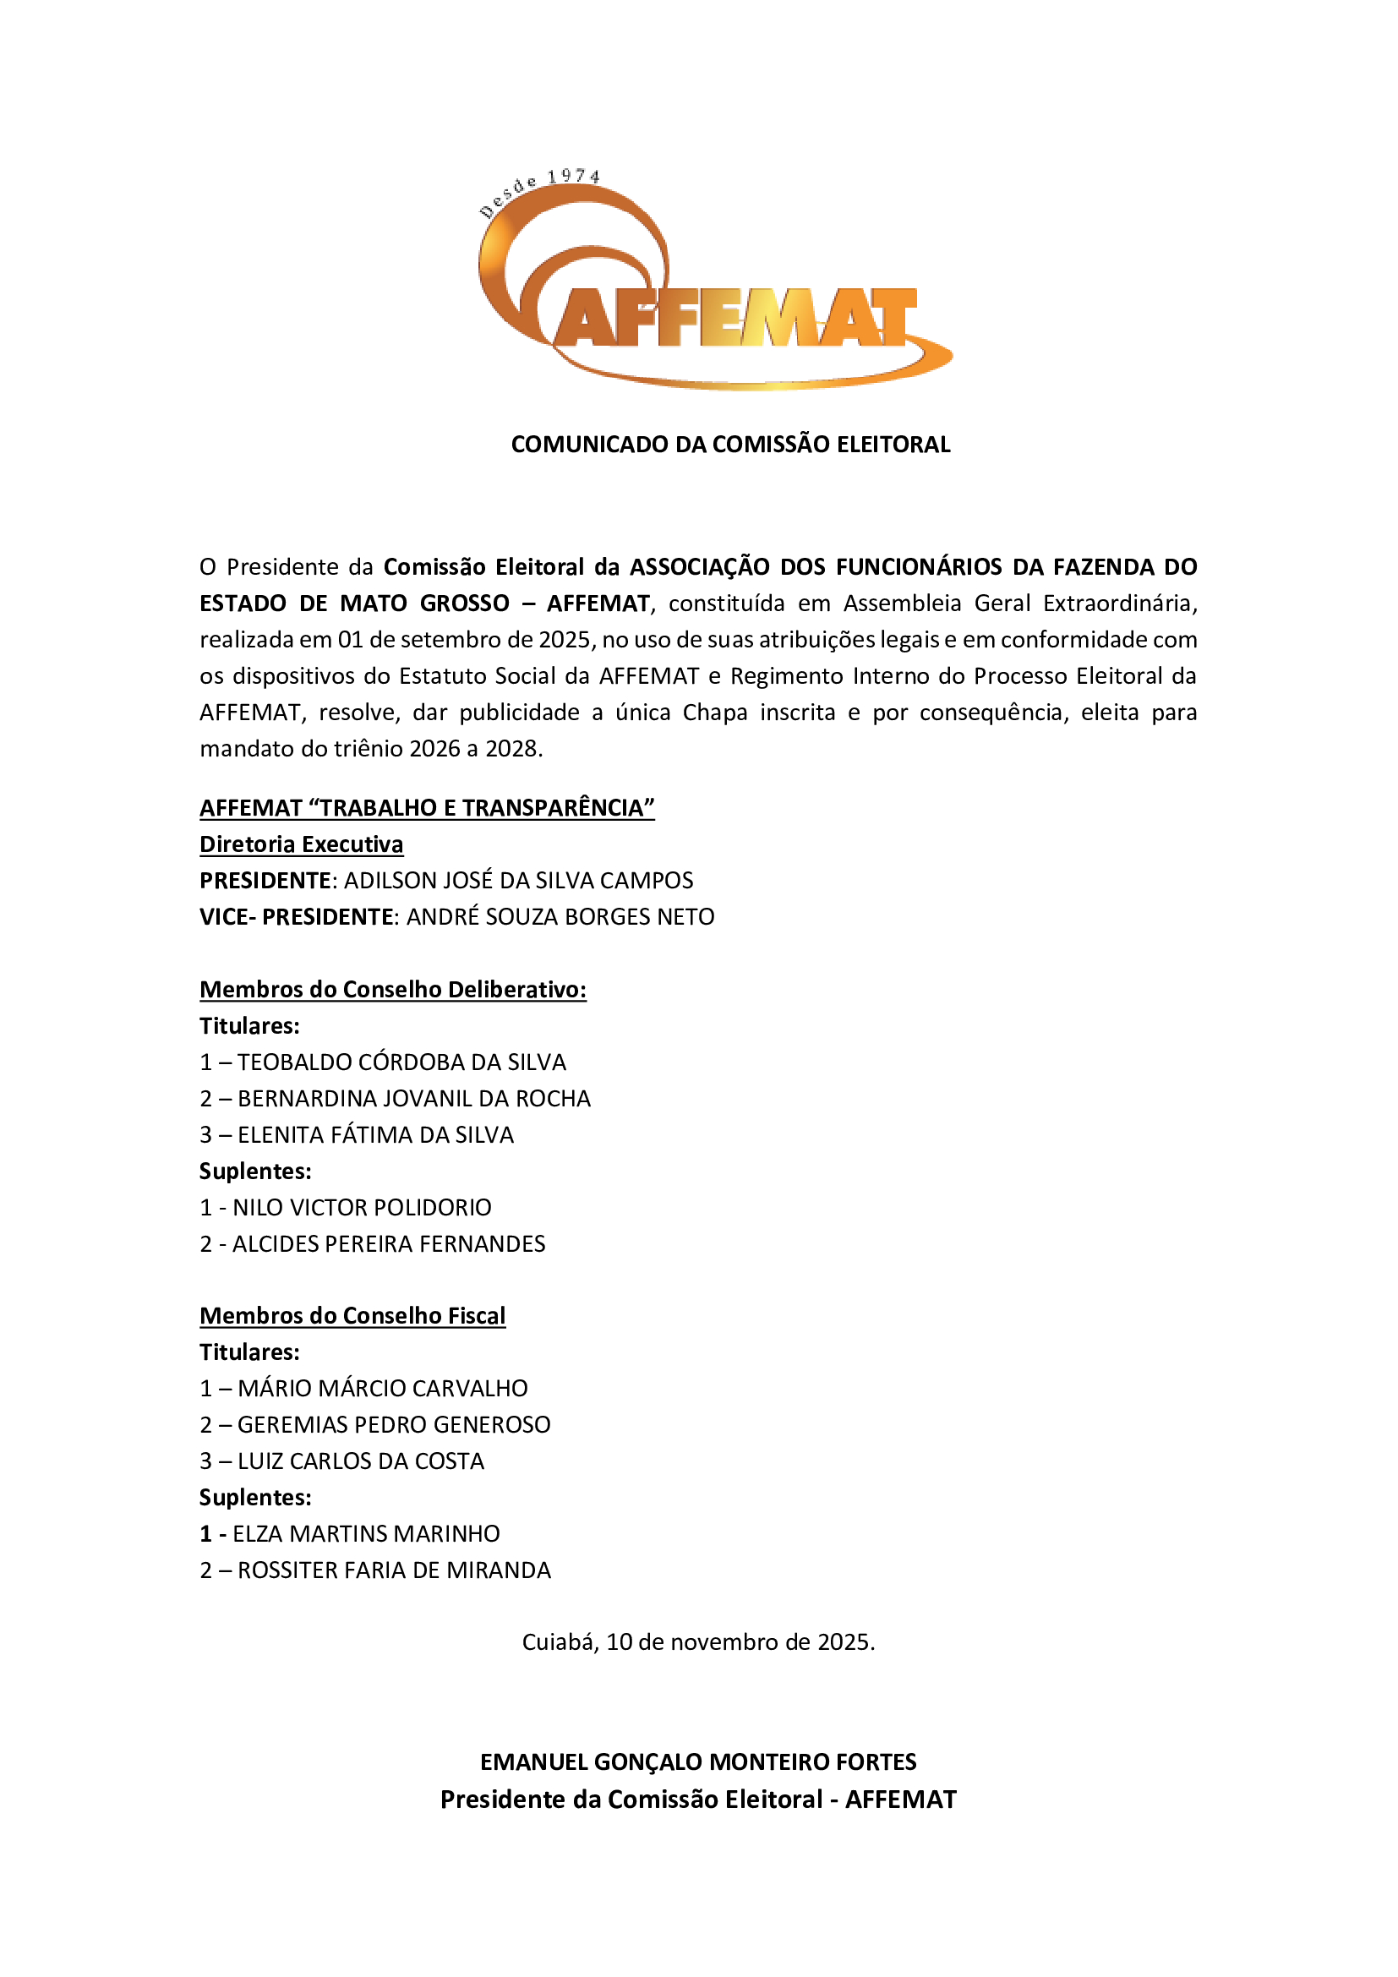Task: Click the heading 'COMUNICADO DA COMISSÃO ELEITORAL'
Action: click(730, 445)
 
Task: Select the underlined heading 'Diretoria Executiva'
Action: click(301, 844)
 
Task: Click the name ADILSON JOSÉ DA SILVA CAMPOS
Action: click(518, 881)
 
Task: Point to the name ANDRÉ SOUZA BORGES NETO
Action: click(560, 917)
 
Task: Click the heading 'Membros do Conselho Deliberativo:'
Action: click(392, 990)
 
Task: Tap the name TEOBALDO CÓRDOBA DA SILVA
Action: click(401, 1062)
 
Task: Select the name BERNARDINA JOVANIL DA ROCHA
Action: click(414, 1099)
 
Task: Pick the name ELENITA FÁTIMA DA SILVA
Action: click(375, 1135)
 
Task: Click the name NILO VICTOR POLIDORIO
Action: click(362, 1207)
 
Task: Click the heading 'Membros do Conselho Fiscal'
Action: click(352, 1316)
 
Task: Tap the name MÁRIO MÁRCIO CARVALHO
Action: click(382, 1388)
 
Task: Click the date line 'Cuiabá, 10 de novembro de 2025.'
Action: click(698, 1642)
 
